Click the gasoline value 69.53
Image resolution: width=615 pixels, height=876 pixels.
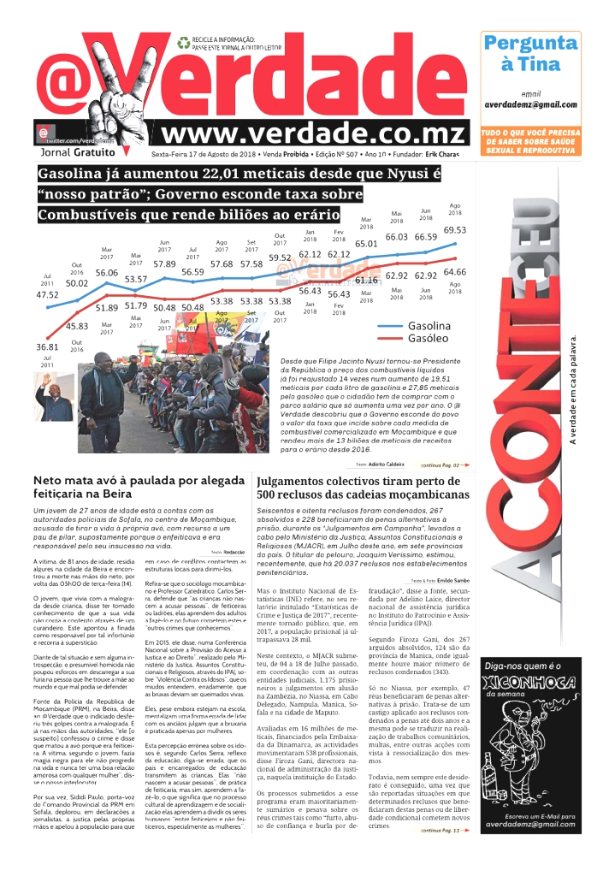tap(454, 230)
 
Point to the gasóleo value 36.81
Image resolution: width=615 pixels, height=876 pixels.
tap(47, 347)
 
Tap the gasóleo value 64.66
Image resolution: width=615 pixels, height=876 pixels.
tap(454, 272)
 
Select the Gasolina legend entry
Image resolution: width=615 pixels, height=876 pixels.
tap(429, 326)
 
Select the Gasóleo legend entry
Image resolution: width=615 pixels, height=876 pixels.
tap(425, 340)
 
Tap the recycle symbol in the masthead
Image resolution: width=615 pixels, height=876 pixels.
tap(183, 41)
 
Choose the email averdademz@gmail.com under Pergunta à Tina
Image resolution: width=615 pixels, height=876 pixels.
tap(530, 104)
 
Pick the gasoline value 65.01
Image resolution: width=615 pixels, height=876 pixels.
tap(366, 244)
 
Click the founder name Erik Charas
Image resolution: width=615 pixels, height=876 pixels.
tap(444, 154)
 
